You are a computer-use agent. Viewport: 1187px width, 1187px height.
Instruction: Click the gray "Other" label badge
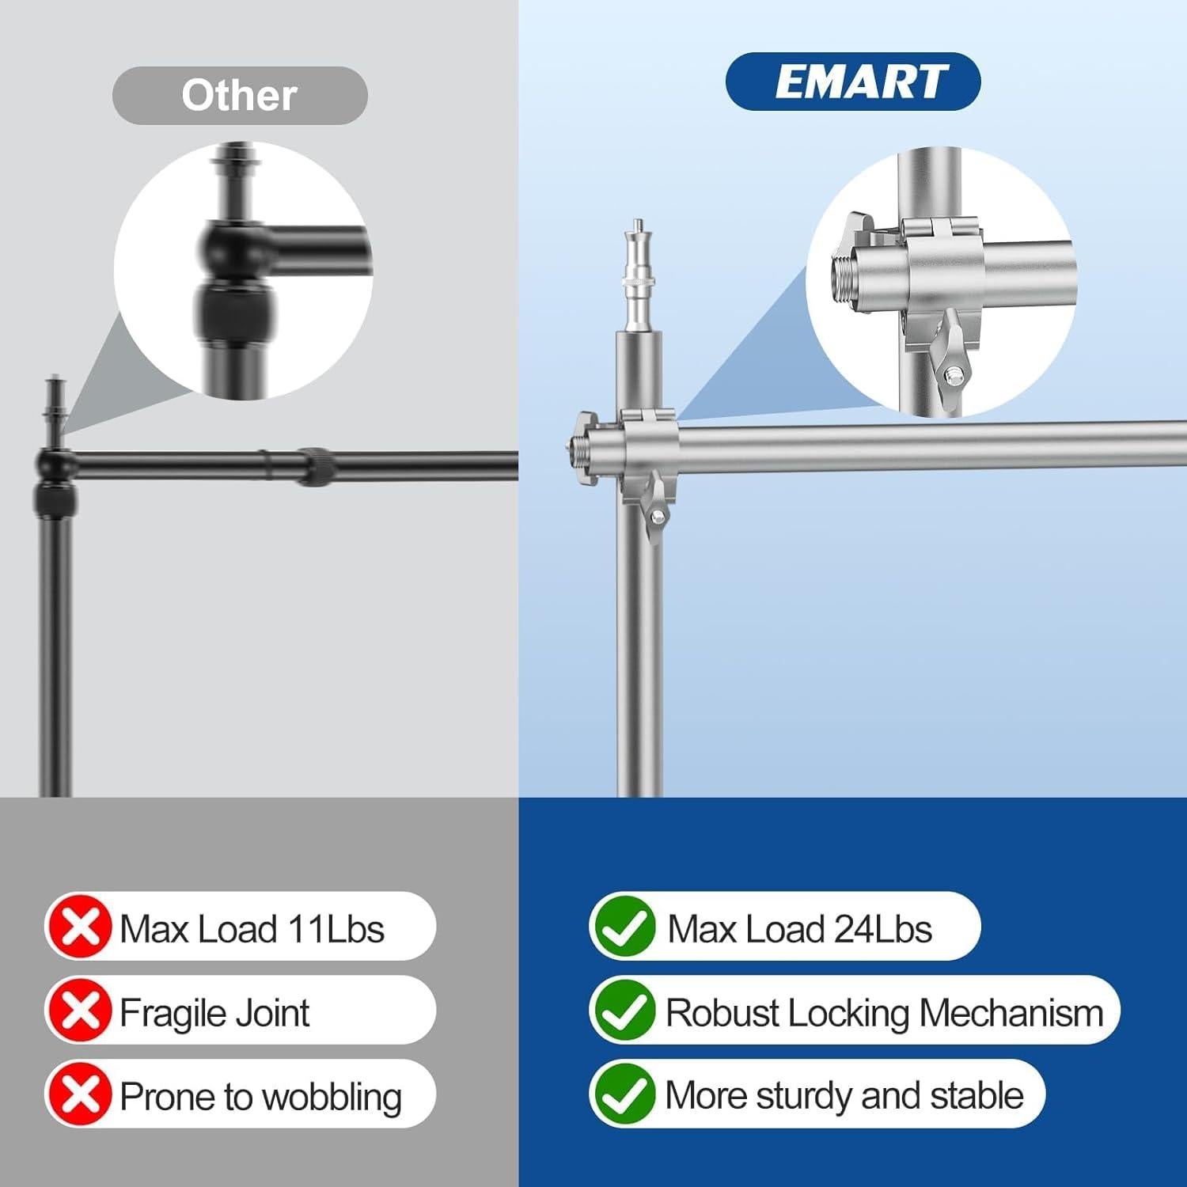[240, 96]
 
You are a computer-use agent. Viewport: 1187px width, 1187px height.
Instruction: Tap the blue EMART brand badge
[853, 82]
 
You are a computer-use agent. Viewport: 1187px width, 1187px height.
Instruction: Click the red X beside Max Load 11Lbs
[79, 927]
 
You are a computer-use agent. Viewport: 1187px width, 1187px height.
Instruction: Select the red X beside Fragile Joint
[79, 1011]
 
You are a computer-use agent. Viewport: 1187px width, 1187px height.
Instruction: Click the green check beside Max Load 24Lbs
[624, 927]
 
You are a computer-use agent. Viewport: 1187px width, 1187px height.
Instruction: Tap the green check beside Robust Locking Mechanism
[624, 1011]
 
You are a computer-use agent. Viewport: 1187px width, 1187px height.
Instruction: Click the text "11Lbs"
[336, 929]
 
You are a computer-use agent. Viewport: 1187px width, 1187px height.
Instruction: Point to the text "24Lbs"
[882, 929]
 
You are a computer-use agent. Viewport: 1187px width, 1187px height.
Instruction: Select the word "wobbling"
[332, 1098]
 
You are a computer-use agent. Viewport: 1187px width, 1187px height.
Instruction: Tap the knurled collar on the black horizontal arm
[317, 466]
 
